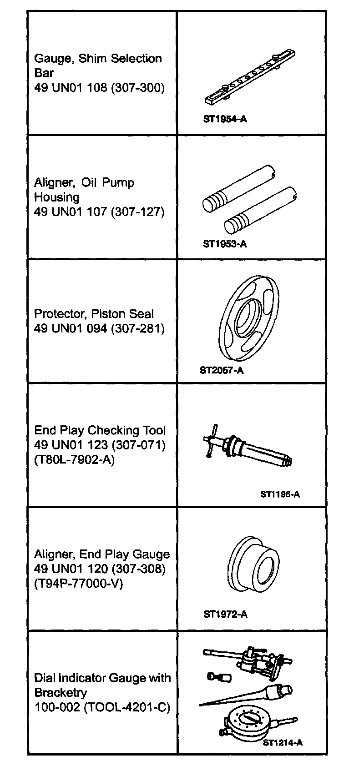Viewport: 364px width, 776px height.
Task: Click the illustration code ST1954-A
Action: click(225, 119)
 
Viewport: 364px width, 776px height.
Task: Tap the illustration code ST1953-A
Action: click(225, 244)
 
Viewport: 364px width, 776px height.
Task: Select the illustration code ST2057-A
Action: click(222, 370)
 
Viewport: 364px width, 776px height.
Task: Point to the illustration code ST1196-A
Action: click(280, 494)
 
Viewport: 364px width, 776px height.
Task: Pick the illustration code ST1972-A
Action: click(225, 615)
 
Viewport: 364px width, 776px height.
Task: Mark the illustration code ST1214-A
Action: click(283, 743)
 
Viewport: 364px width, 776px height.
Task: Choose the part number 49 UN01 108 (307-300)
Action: click(99, 87)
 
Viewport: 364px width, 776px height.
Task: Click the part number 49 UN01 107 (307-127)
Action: click(99, 212)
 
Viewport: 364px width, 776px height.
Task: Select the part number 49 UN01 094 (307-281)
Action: click(99, 328)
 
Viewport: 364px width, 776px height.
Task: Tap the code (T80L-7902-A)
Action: click(75, 459)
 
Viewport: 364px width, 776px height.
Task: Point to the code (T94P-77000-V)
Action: click(79, 583)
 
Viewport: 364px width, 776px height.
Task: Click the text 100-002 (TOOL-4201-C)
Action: click(102, 707)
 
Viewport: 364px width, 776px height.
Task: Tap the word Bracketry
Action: click(60, 693)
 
